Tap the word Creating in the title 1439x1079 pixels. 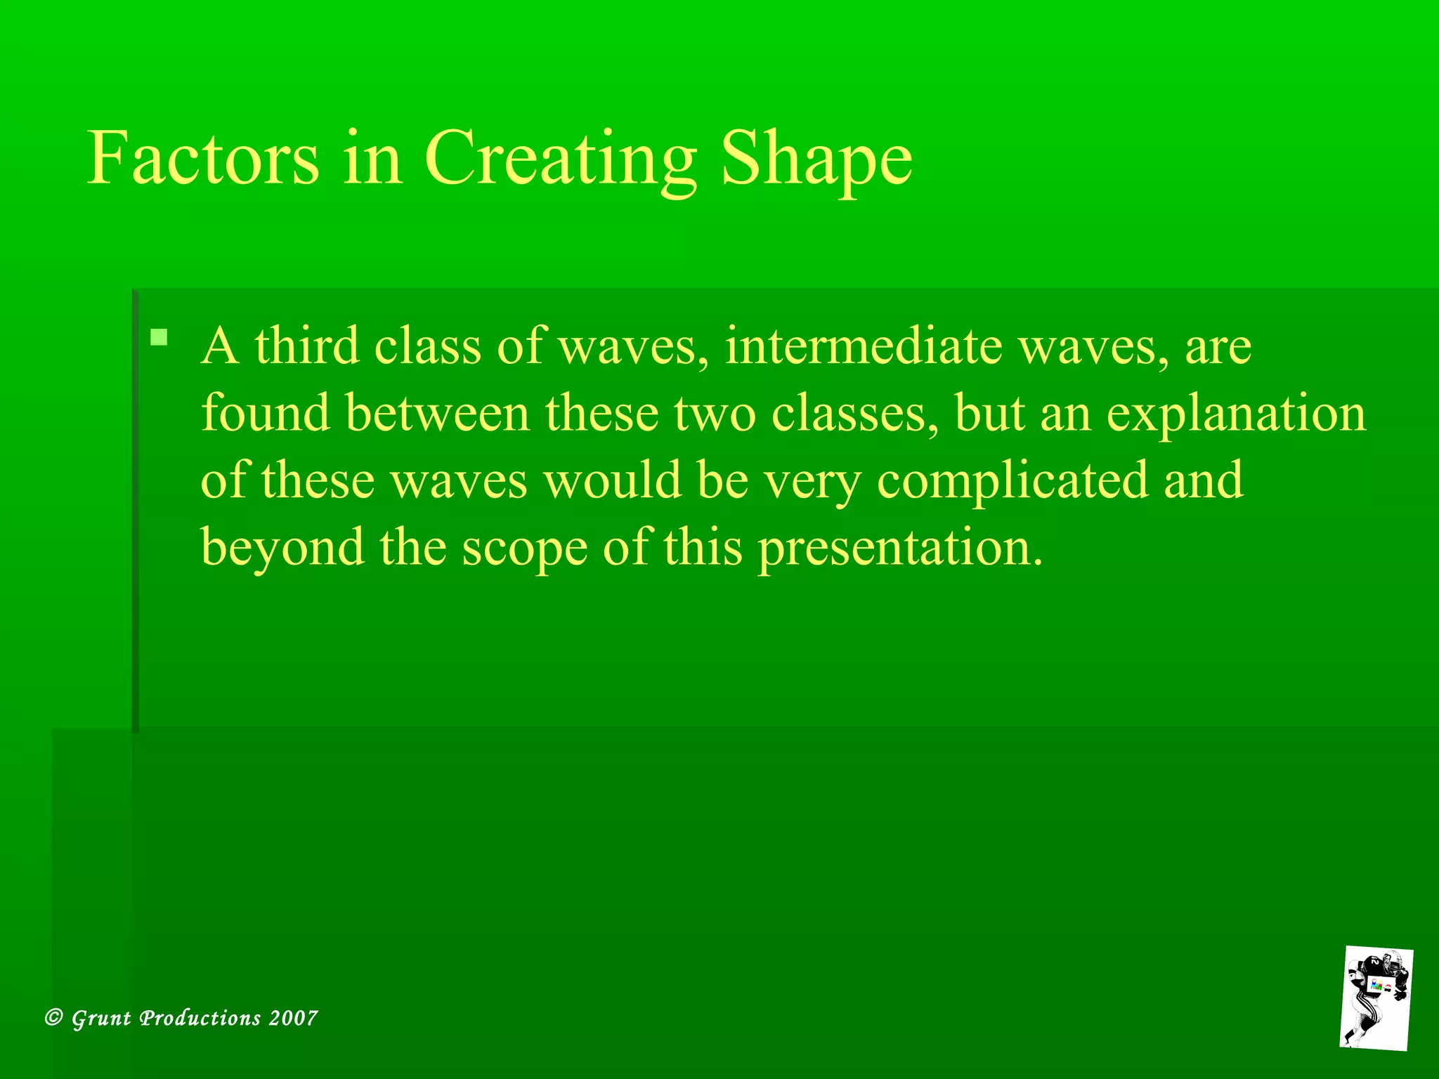point(560,160)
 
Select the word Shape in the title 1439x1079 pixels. point(816,160)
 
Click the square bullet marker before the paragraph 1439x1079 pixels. point(159,338)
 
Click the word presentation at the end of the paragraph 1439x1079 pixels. point(899,549)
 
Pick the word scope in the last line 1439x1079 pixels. point(524,549)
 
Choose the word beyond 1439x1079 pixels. point(282,549)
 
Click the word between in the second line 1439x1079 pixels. point(437,413)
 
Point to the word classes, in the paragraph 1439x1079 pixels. point(855,413)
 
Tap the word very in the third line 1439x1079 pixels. point(812,482)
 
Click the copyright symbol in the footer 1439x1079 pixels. point(54,1018)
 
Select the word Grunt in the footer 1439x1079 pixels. point(101,1019)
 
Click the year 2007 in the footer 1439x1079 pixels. point(294,1018)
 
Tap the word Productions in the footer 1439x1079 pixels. point(200,1018)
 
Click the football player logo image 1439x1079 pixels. point(1376,998)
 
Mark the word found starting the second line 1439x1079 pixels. point(266,413)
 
